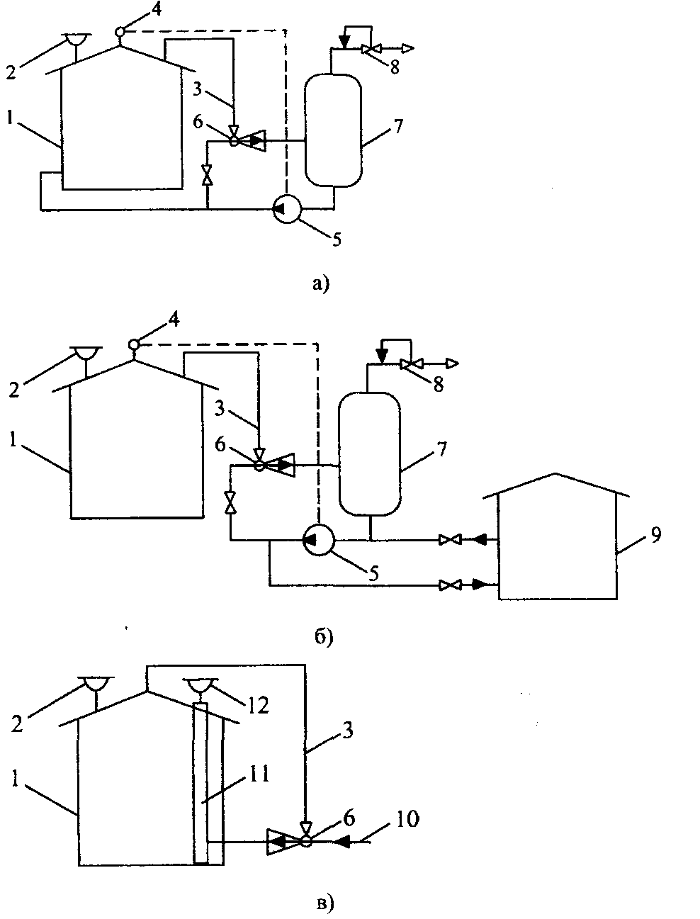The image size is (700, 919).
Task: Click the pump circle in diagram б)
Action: pos(319,540)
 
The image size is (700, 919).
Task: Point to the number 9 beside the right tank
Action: pos(655,535)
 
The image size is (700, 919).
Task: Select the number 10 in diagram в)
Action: pos(407,818)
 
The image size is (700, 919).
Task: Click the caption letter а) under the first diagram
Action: pos(321,284)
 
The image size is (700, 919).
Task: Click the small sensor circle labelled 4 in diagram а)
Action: pos(120,31)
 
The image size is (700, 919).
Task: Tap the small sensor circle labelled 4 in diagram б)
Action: pos(133,344)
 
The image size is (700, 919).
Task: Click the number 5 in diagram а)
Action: pos(337,239)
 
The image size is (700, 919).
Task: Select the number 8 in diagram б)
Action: pos(439,384)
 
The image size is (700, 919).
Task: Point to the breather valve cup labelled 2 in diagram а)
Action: pos(77,40)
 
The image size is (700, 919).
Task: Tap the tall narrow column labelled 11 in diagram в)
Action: pos(201,783)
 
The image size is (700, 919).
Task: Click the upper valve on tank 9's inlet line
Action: pos(450,540)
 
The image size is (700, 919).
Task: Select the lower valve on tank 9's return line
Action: pos(450,585)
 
